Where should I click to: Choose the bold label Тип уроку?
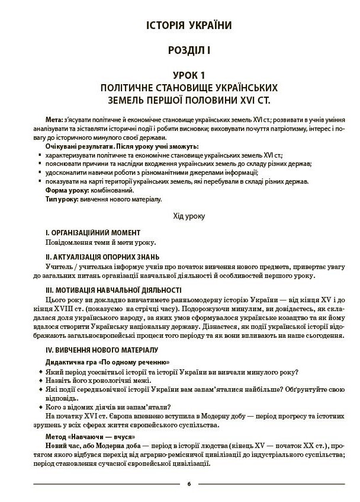[x=62, y=200]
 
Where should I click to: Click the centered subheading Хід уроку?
[x=189, y=216]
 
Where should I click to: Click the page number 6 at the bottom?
[x=189, y=484]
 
